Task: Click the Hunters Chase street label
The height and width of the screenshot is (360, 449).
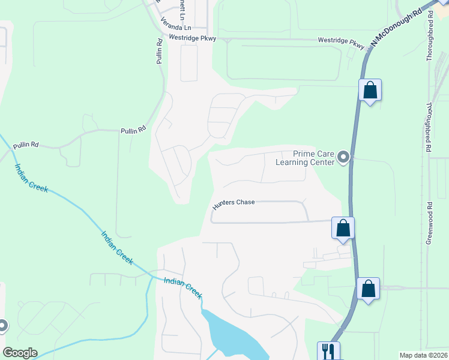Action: (234, 203)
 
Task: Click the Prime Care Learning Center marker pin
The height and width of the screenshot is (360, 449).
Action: (343, 158)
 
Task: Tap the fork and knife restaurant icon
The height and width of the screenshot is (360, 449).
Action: (328, 350)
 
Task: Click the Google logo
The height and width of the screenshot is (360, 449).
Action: (20, 353)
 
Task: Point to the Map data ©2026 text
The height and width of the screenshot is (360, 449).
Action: (424, 355)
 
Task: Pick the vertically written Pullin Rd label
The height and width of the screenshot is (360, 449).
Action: (159, 52)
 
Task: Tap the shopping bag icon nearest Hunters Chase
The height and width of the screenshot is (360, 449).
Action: (343, 228)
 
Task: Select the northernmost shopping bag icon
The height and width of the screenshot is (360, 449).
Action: (370, 91)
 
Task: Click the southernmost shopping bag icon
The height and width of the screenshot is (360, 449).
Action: (368, 289)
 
